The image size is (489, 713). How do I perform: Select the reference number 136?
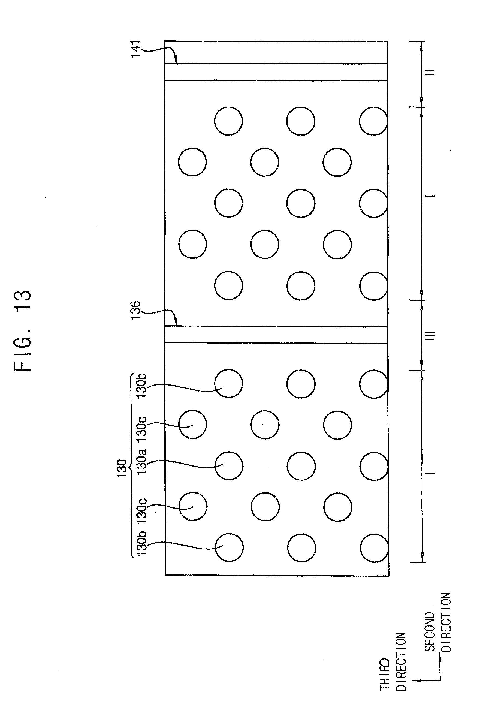tap(135, 310)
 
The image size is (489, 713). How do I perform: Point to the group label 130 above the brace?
tap(122, 468)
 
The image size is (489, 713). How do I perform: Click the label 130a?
tap(141, 461)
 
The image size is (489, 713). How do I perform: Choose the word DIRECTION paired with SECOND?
tap(446, 626)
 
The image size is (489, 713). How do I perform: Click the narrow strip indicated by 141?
tap(276, 72)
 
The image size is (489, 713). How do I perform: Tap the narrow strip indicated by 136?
tap(276, 335)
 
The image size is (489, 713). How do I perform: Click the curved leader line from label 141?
tap(159, 51)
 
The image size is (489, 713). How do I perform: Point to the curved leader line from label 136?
tap(159, 312)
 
